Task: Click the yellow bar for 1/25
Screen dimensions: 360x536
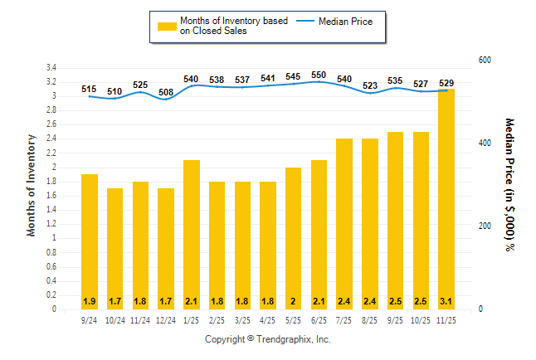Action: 191,232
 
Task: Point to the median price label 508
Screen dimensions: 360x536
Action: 166,92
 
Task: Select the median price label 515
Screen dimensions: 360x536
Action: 90,88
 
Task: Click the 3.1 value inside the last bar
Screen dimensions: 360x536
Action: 446,300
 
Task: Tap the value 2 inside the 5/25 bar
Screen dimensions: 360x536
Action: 293,300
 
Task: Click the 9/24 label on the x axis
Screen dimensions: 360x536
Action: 90,320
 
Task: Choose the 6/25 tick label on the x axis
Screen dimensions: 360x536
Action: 319,320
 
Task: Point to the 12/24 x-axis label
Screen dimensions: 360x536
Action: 166,320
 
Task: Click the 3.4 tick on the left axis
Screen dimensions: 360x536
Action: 51,67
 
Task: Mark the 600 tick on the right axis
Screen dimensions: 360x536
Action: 485,61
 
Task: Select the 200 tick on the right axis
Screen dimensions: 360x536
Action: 485,226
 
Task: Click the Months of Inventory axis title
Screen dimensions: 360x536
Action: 32,185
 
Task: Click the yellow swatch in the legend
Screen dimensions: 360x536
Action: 167,26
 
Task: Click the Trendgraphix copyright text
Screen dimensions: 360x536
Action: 268,339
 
